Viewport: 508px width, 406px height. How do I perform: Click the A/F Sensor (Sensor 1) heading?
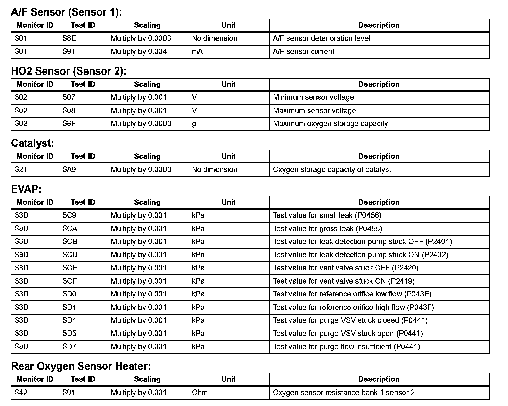pos(66,12)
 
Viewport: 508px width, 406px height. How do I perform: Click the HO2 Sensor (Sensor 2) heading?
pos(69,71)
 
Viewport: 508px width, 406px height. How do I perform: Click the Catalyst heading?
pos(32,143)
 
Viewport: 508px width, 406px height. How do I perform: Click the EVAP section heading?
pos(26,189)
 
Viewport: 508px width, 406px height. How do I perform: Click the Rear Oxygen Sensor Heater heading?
pos(81,366)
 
